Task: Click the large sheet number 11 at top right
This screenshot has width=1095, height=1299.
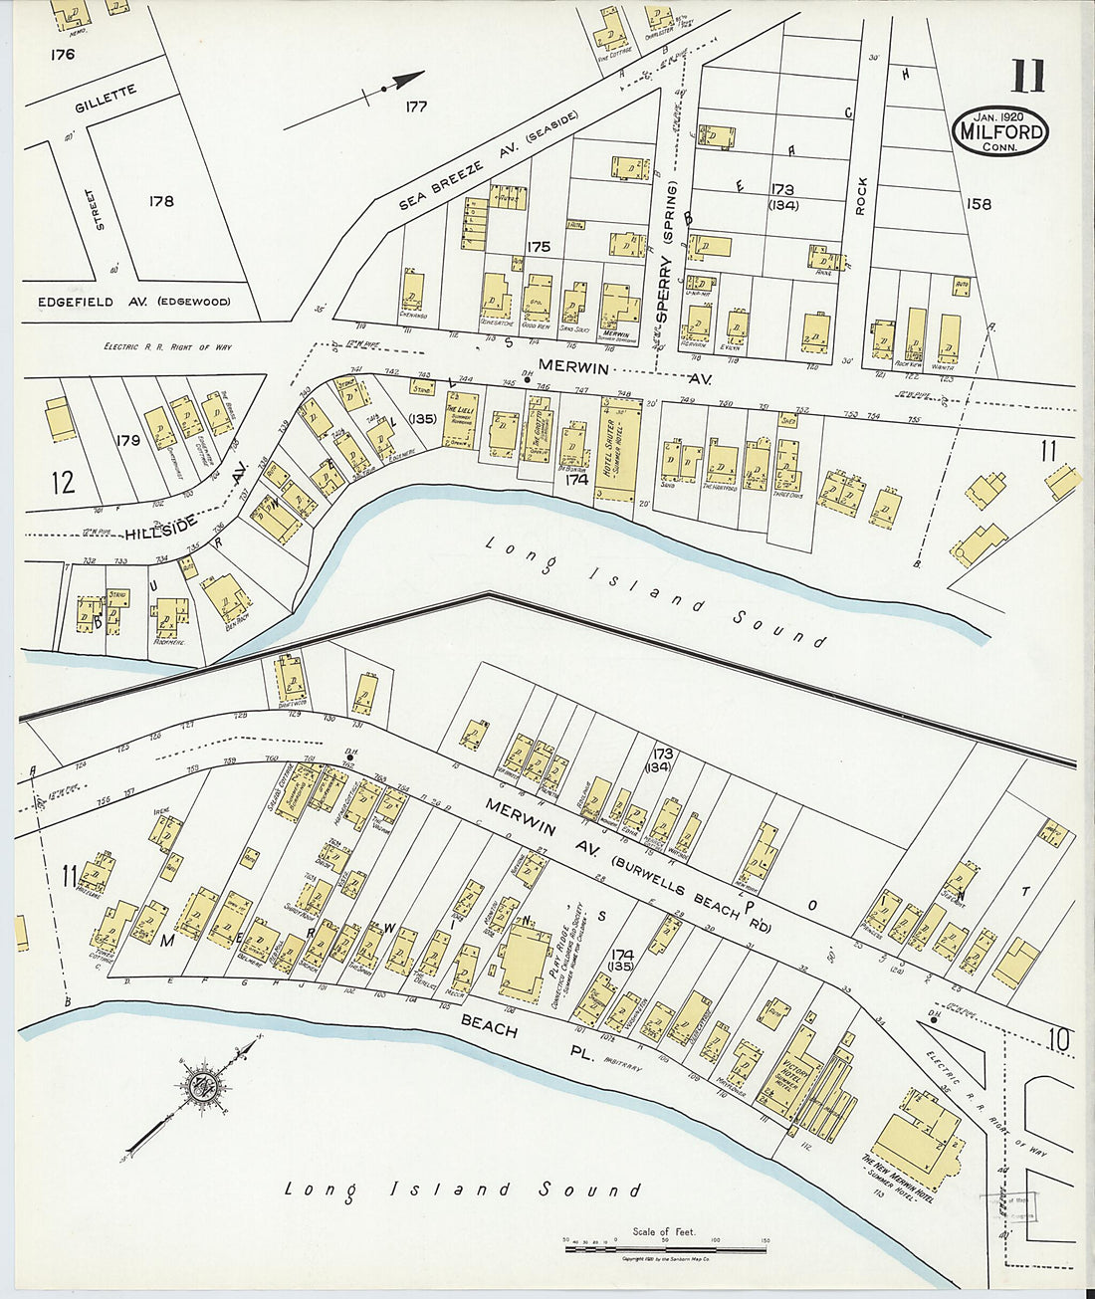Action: coord(1028,77)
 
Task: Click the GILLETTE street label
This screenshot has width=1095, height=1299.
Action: coord(105,99)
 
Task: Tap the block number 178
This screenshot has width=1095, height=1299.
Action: coord(160,201)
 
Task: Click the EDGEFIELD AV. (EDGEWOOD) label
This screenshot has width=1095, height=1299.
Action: coord(133,302)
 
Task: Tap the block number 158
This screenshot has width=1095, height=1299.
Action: coord(979,204)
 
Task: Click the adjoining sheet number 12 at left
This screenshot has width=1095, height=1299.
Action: coord(63,483)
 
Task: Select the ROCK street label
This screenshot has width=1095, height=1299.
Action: coord(861,196)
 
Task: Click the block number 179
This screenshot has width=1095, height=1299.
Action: coord(127,439)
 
